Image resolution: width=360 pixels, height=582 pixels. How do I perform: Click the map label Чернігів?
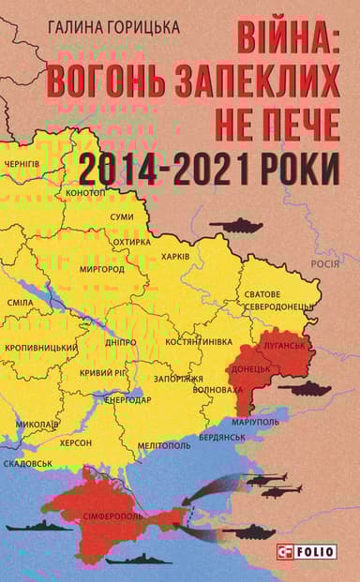pos(22,165)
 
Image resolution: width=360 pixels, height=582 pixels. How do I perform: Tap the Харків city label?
pos(175,256)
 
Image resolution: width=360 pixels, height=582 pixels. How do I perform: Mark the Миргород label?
pos(102,269)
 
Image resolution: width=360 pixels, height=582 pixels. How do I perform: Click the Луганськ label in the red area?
pos(285,345)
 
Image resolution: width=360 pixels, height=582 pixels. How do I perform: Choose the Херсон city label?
pos(76,440)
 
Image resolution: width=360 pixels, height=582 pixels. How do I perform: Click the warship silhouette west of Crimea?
pos(38,527)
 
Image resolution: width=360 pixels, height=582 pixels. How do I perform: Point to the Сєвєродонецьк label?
pos(279,306)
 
